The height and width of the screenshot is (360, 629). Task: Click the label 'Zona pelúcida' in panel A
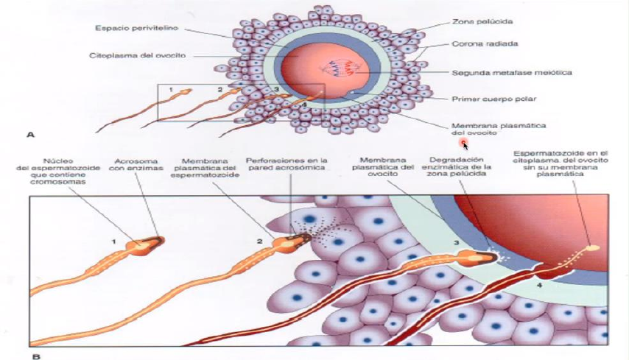point(482,21)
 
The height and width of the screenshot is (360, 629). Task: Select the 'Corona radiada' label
point(485,43)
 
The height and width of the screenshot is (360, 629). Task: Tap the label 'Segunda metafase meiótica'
point(512,73)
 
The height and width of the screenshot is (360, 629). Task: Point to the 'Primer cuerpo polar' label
point(493,99)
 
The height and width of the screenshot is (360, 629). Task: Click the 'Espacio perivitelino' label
point(136,28)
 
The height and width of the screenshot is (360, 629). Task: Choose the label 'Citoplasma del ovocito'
point(137,55)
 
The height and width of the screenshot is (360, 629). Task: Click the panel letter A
point(30,135)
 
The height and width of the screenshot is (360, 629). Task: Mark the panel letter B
point(36,356)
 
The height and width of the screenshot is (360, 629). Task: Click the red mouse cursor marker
point(464,143)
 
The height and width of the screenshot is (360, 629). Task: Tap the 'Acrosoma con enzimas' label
point(136,165)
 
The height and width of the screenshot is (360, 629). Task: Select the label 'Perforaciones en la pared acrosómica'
point(287,164)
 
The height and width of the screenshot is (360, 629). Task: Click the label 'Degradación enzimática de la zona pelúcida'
point(457,166)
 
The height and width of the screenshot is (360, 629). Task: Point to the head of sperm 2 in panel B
point(292,241)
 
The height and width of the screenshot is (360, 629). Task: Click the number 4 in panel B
point(539,286)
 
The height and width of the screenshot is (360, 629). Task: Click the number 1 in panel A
point(171,90)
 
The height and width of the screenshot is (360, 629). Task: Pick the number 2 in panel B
point(259,241)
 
